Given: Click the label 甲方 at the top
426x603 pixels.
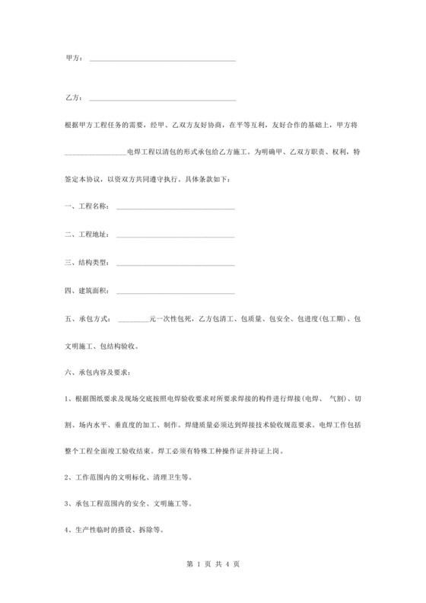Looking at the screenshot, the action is point(75,59).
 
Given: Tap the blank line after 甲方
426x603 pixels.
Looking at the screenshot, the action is point(163,59).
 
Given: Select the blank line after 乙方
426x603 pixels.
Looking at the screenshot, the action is point(163,100).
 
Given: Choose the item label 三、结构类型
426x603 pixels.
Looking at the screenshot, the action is point(88,263).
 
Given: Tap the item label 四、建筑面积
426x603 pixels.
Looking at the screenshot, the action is point(88,290).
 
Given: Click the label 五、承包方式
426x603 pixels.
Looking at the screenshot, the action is point(88,318).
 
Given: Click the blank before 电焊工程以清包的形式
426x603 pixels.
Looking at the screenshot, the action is point(95,153).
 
